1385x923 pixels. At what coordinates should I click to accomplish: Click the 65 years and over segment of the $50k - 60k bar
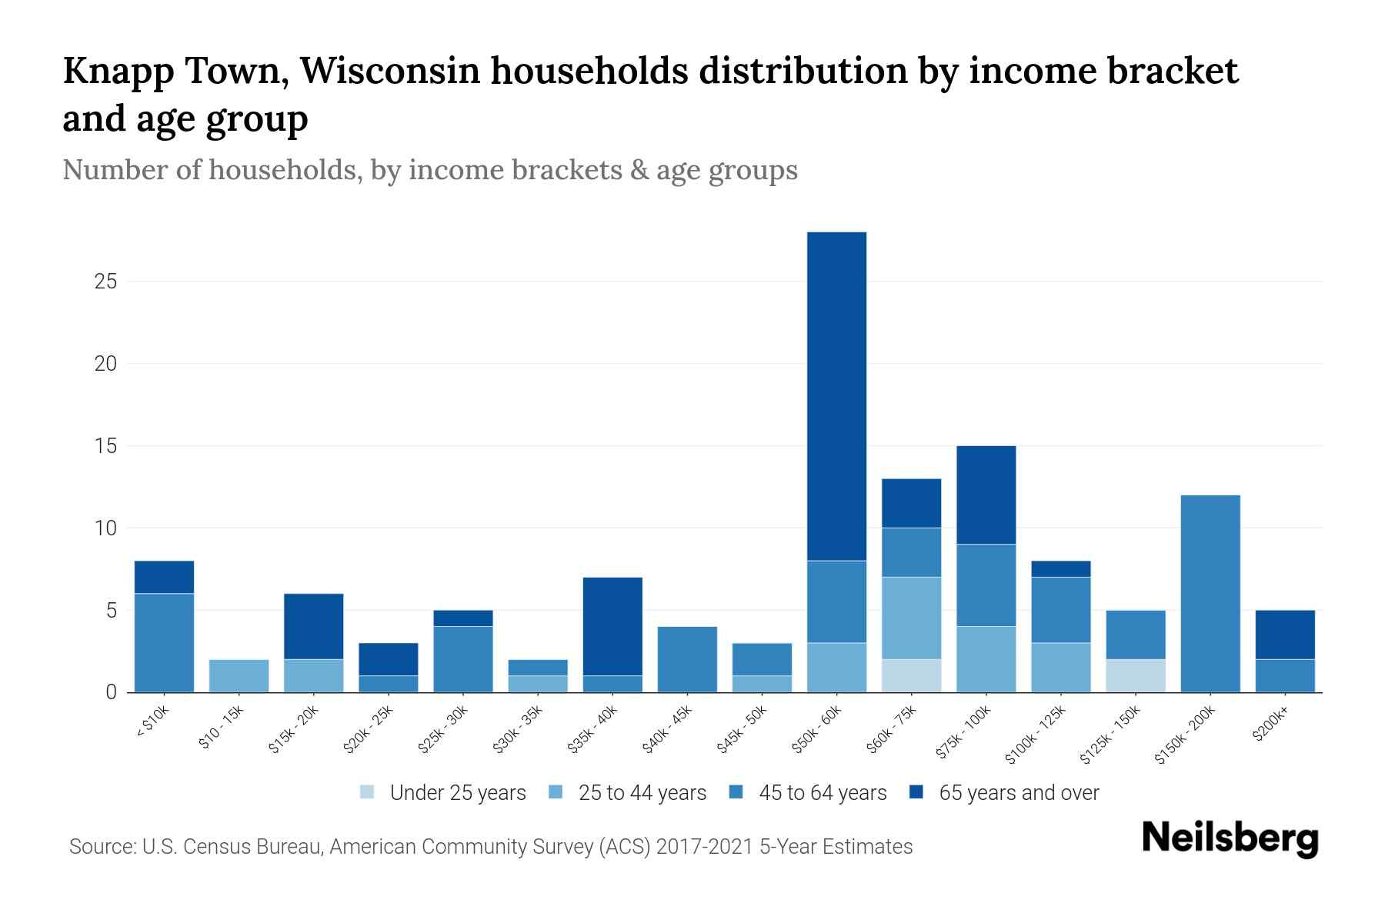click(836, 396)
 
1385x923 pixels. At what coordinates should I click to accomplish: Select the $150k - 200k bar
click(1210, 593)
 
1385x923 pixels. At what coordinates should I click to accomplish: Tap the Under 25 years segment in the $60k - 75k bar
click(911, 675)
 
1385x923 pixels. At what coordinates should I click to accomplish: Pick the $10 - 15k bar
click(239, 675)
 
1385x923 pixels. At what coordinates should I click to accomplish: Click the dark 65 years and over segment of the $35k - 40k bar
click(612, 626)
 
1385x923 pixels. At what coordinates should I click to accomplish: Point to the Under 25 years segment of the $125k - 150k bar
click(1135, 675)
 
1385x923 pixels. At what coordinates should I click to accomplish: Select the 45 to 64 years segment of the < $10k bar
click(164, 642)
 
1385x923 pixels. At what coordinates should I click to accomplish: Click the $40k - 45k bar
click(687, 659)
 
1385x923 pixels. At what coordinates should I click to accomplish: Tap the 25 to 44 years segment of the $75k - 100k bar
click(986, 659)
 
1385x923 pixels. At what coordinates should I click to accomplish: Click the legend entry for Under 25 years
click(458, 793)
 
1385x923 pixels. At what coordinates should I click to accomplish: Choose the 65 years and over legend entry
click(1018, 793)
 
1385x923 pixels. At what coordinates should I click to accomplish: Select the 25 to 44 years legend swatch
click(556, 792)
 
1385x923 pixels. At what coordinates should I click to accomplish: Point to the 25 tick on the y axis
click(105, 282)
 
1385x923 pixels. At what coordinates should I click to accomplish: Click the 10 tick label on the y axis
click(105, 528)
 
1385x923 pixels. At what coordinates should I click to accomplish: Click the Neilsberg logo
click(1230, 838)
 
